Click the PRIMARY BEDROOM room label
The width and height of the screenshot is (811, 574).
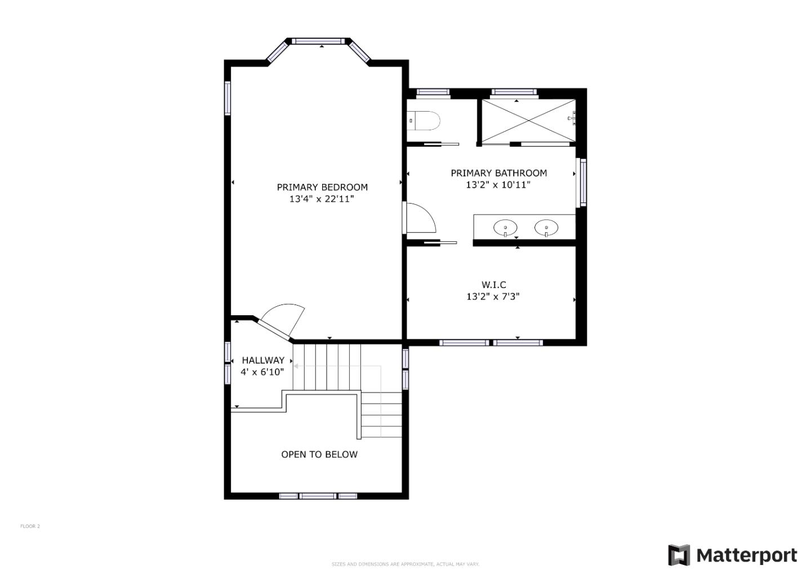coord(322,187)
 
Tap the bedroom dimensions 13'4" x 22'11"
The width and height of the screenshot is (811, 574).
coord(322,199)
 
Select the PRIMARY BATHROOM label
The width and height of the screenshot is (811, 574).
coord(498,173)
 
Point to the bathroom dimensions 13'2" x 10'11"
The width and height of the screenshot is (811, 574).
coord(498,185)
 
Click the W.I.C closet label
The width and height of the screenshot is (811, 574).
coord(493,285)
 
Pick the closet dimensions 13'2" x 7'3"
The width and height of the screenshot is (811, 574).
coord(493,297)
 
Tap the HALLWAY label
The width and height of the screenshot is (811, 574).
coord(263,360)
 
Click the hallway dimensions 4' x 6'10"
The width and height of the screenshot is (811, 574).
coord(262,372)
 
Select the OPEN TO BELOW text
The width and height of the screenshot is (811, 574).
coord(319,454)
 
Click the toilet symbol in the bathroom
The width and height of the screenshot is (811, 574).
coord(424,121)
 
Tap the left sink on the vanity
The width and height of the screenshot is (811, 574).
coord(505,228)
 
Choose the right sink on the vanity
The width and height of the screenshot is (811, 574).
coord(546,228)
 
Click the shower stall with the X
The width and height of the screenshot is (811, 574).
coord(529,121)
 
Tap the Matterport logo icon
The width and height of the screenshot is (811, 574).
coord(679,555)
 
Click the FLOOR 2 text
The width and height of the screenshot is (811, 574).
coord(30,526)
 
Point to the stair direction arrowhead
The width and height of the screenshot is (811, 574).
coord(296,367)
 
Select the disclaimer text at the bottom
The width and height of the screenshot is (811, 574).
coord(405,564)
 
